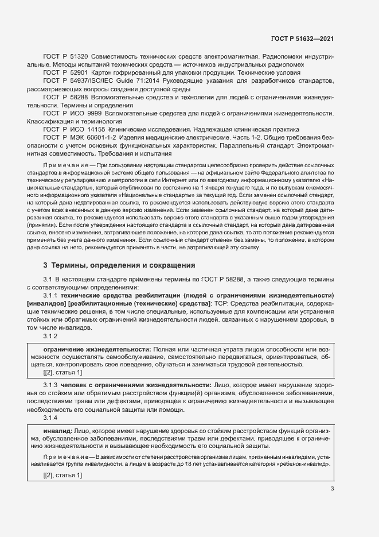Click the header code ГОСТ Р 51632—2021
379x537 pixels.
point(303,38)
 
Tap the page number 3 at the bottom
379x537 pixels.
point(333,489)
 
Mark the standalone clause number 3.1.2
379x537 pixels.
point(51,335)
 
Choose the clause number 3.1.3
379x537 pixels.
point(51,384)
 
